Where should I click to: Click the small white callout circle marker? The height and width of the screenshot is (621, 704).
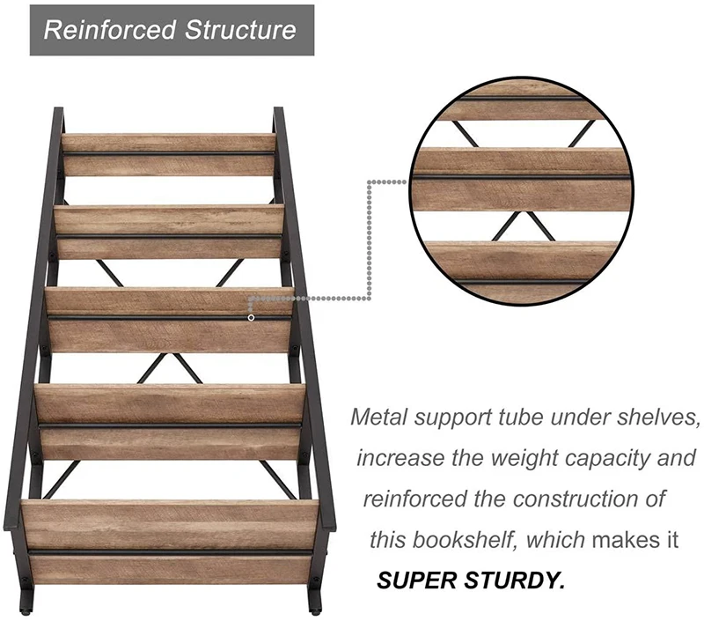252,317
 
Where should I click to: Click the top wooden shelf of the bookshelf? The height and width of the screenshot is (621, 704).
168,154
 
